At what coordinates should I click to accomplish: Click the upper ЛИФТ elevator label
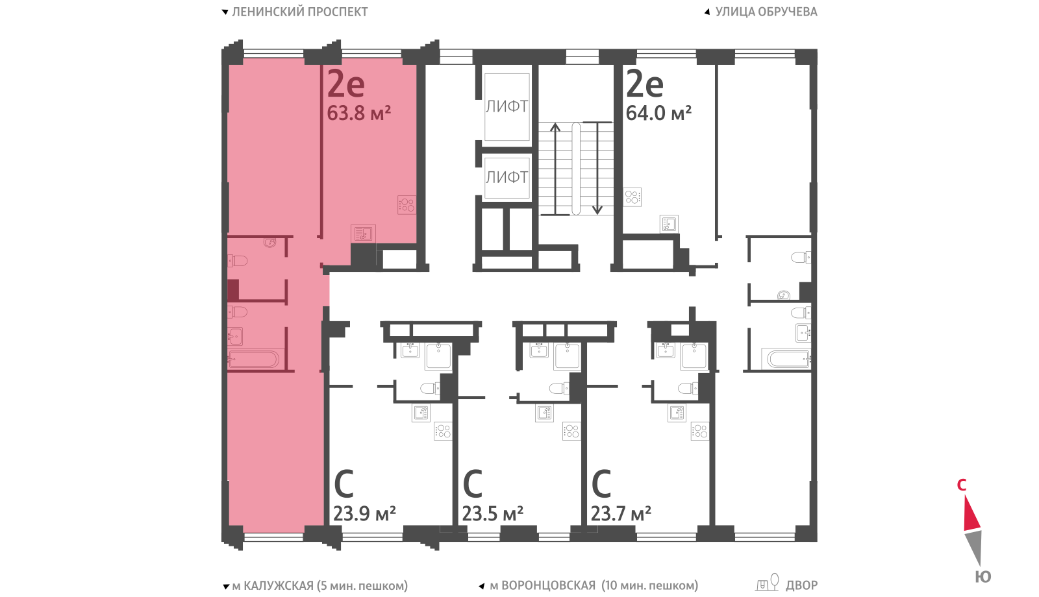pos(507,106)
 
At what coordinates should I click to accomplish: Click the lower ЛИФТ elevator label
pos(507,177)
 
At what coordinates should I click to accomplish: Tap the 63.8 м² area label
pos(358,113)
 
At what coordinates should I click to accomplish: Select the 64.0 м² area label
pos(658,113)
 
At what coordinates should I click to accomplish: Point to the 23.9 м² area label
pos(364,513)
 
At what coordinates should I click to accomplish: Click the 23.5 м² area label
pos(493,513)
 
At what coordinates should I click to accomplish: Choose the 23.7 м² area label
pos(621,513)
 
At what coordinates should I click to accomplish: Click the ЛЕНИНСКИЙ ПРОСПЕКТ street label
pos(299,12)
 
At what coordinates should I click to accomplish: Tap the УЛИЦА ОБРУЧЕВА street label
pos(766,12)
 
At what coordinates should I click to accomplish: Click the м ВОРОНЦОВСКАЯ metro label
pos(543,586)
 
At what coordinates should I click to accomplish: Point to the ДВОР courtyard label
pos(801,586)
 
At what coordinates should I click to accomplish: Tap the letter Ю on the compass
pos(983,577)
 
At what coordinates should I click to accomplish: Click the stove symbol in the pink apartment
pos(407,205)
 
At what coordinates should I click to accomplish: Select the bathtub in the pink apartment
pos(254,359)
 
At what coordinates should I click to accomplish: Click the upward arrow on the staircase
pos(555,169)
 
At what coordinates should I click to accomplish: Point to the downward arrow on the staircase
pos(597,168)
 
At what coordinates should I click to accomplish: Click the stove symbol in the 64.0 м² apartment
pos(632,197)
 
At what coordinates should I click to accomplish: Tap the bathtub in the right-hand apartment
pos(787,359)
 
